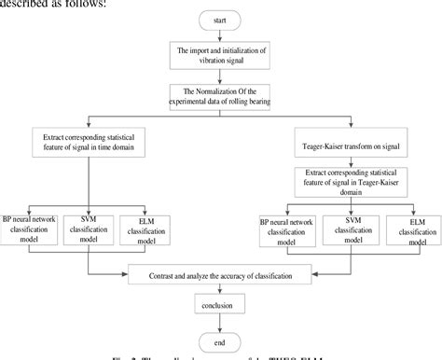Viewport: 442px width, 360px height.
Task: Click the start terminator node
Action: pos(222,20)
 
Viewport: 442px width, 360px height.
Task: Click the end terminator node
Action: pos(222,341)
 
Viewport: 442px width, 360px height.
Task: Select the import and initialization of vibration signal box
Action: pos(222,56)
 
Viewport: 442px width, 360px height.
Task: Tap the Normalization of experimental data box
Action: pos(222,96)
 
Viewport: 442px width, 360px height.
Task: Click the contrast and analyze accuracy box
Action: pos(222,276)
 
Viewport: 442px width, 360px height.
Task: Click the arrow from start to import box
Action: pos(222,35)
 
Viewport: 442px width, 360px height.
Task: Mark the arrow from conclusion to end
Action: pos(222,325)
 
